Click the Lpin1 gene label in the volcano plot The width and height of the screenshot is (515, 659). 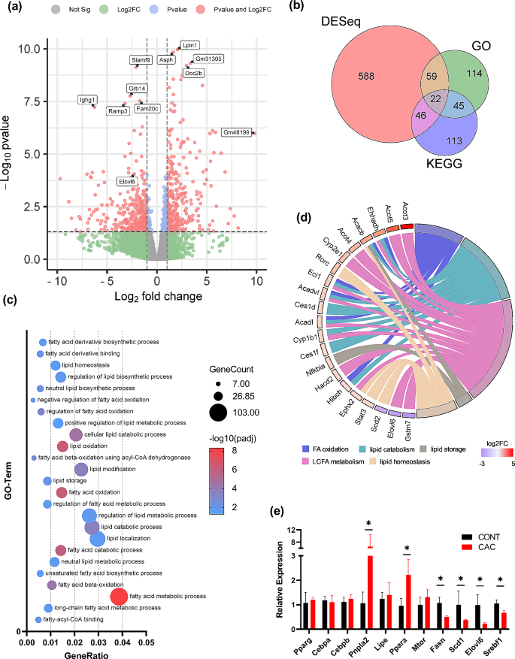click(x=190, y=45)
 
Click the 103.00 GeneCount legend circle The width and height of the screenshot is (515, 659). click(x=218, y=412)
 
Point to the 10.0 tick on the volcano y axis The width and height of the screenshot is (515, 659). click(x=28, y=49)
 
